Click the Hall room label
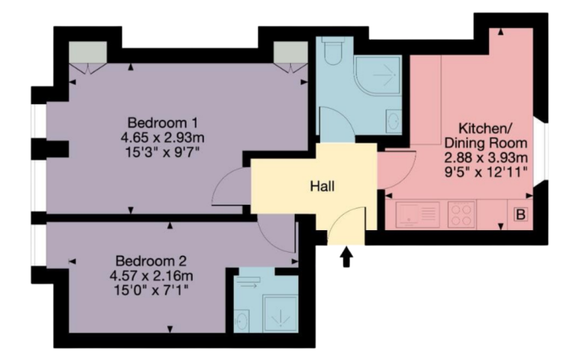pos(322,186)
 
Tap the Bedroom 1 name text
pos(162,122)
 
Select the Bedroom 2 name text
pos(151,261)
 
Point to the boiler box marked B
pos(520,214)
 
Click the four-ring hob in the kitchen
pos(461,214)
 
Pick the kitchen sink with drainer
pos(418,214)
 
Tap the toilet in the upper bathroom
pos(333,51)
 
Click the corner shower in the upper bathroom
pos(377,76)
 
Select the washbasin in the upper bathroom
pos(394,120)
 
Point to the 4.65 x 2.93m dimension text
pos(162,138)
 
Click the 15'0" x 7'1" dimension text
pos(151,290)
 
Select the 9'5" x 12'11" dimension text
pos(486,172)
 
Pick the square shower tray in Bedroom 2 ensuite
pos(280,313)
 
